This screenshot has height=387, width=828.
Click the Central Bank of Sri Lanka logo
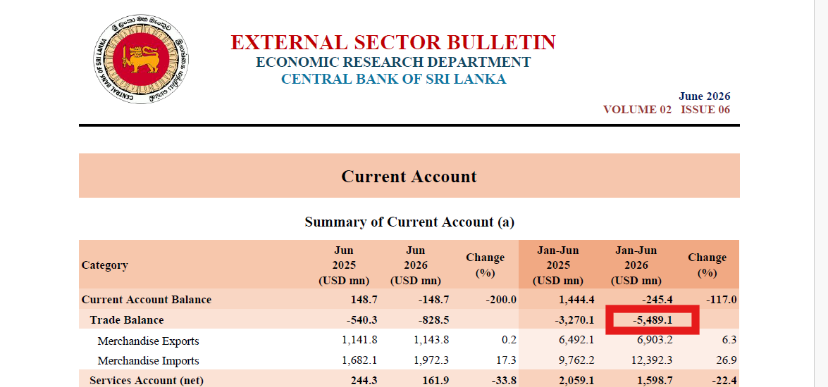click(142, 59)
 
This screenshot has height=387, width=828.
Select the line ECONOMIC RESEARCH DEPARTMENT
click(393, 62)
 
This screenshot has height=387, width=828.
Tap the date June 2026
click(705, 96)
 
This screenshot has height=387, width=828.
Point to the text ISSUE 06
click(705, 110)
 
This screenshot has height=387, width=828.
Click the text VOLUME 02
click(637, 110)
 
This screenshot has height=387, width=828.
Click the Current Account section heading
click(409, 176)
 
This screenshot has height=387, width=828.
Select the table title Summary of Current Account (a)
click(409, 222)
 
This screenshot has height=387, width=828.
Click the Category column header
click(104, 265)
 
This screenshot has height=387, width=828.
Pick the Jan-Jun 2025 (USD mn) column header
click(558, 265)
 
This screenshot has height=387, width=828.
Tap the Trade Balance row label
click(127, 320)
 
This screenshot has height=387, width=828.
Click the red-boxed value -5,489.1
click(652, 320)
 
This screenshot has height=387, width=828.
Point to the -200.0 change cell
click(500, 300)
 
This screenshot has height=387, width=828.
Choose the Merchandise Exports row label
click(149, 341)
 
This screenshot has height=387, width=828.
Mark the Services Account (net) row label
click(147, 381)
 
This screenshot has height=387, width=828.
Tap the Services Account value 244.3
click(364, 381)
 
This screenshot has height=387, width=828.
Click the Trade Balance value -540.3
click(362, 320)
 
